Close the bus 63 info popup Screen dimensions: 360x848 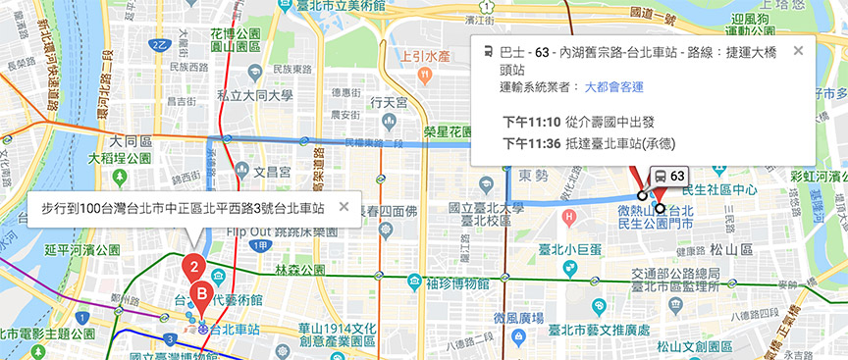point(798,50)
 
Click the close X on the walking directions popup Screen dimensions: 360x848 point(344,206)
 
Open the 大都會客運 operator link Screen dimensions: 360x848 point(613,87)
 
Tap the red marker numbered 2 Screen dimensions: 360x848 point(195,267)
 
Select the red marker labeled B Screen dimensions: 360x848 point(202,293)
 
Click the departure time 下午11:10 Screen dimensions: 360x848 point(530,123)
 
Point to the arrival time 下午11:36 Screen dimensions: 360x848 point(530,142)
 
